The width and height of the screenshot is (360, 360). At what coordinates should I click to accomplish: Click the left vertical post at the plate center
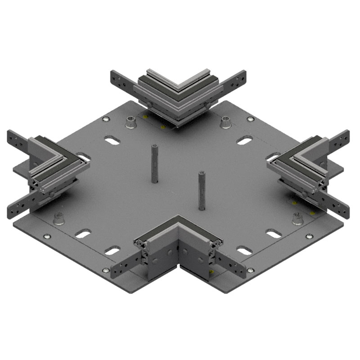pyautogui.click(x=154, y=163)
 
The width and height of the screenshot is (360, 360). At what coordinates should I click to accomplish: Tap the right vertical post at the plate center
pyautogui.click(x=201, y=190)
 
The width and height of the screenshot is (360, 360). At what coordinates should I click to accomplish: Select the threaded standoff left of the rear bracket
pyautogui.click(x=130, y=121)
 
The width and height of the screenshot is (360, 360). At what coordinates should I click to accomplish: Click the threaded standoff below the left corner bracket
pyautogui.click(x=58, y=219)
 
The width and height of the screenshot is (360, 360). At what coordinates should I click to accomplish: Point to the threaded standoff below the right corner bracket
pyautogui.click(x=297, y=219)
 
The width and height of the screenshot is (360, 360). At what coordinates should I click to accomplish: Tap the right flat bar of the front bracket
pyautogui.click(x=232, y=265)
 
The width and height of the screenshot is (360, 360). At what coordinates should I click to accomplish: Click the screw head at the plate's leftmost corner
pyautogui.click(x=46, y=236)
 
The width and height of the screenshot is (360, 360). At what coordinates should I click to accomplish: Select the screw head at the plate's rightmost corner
pyautogui.click(x=309, y=236)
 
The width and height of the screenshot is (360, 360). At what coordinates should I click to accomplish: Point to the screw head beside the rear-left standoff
pyautogui.click(x=106, y=119)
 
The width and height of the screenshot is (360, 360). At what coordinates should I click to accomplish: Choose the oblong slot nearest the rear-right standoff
pyautogui.click(x=244, y=141)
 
